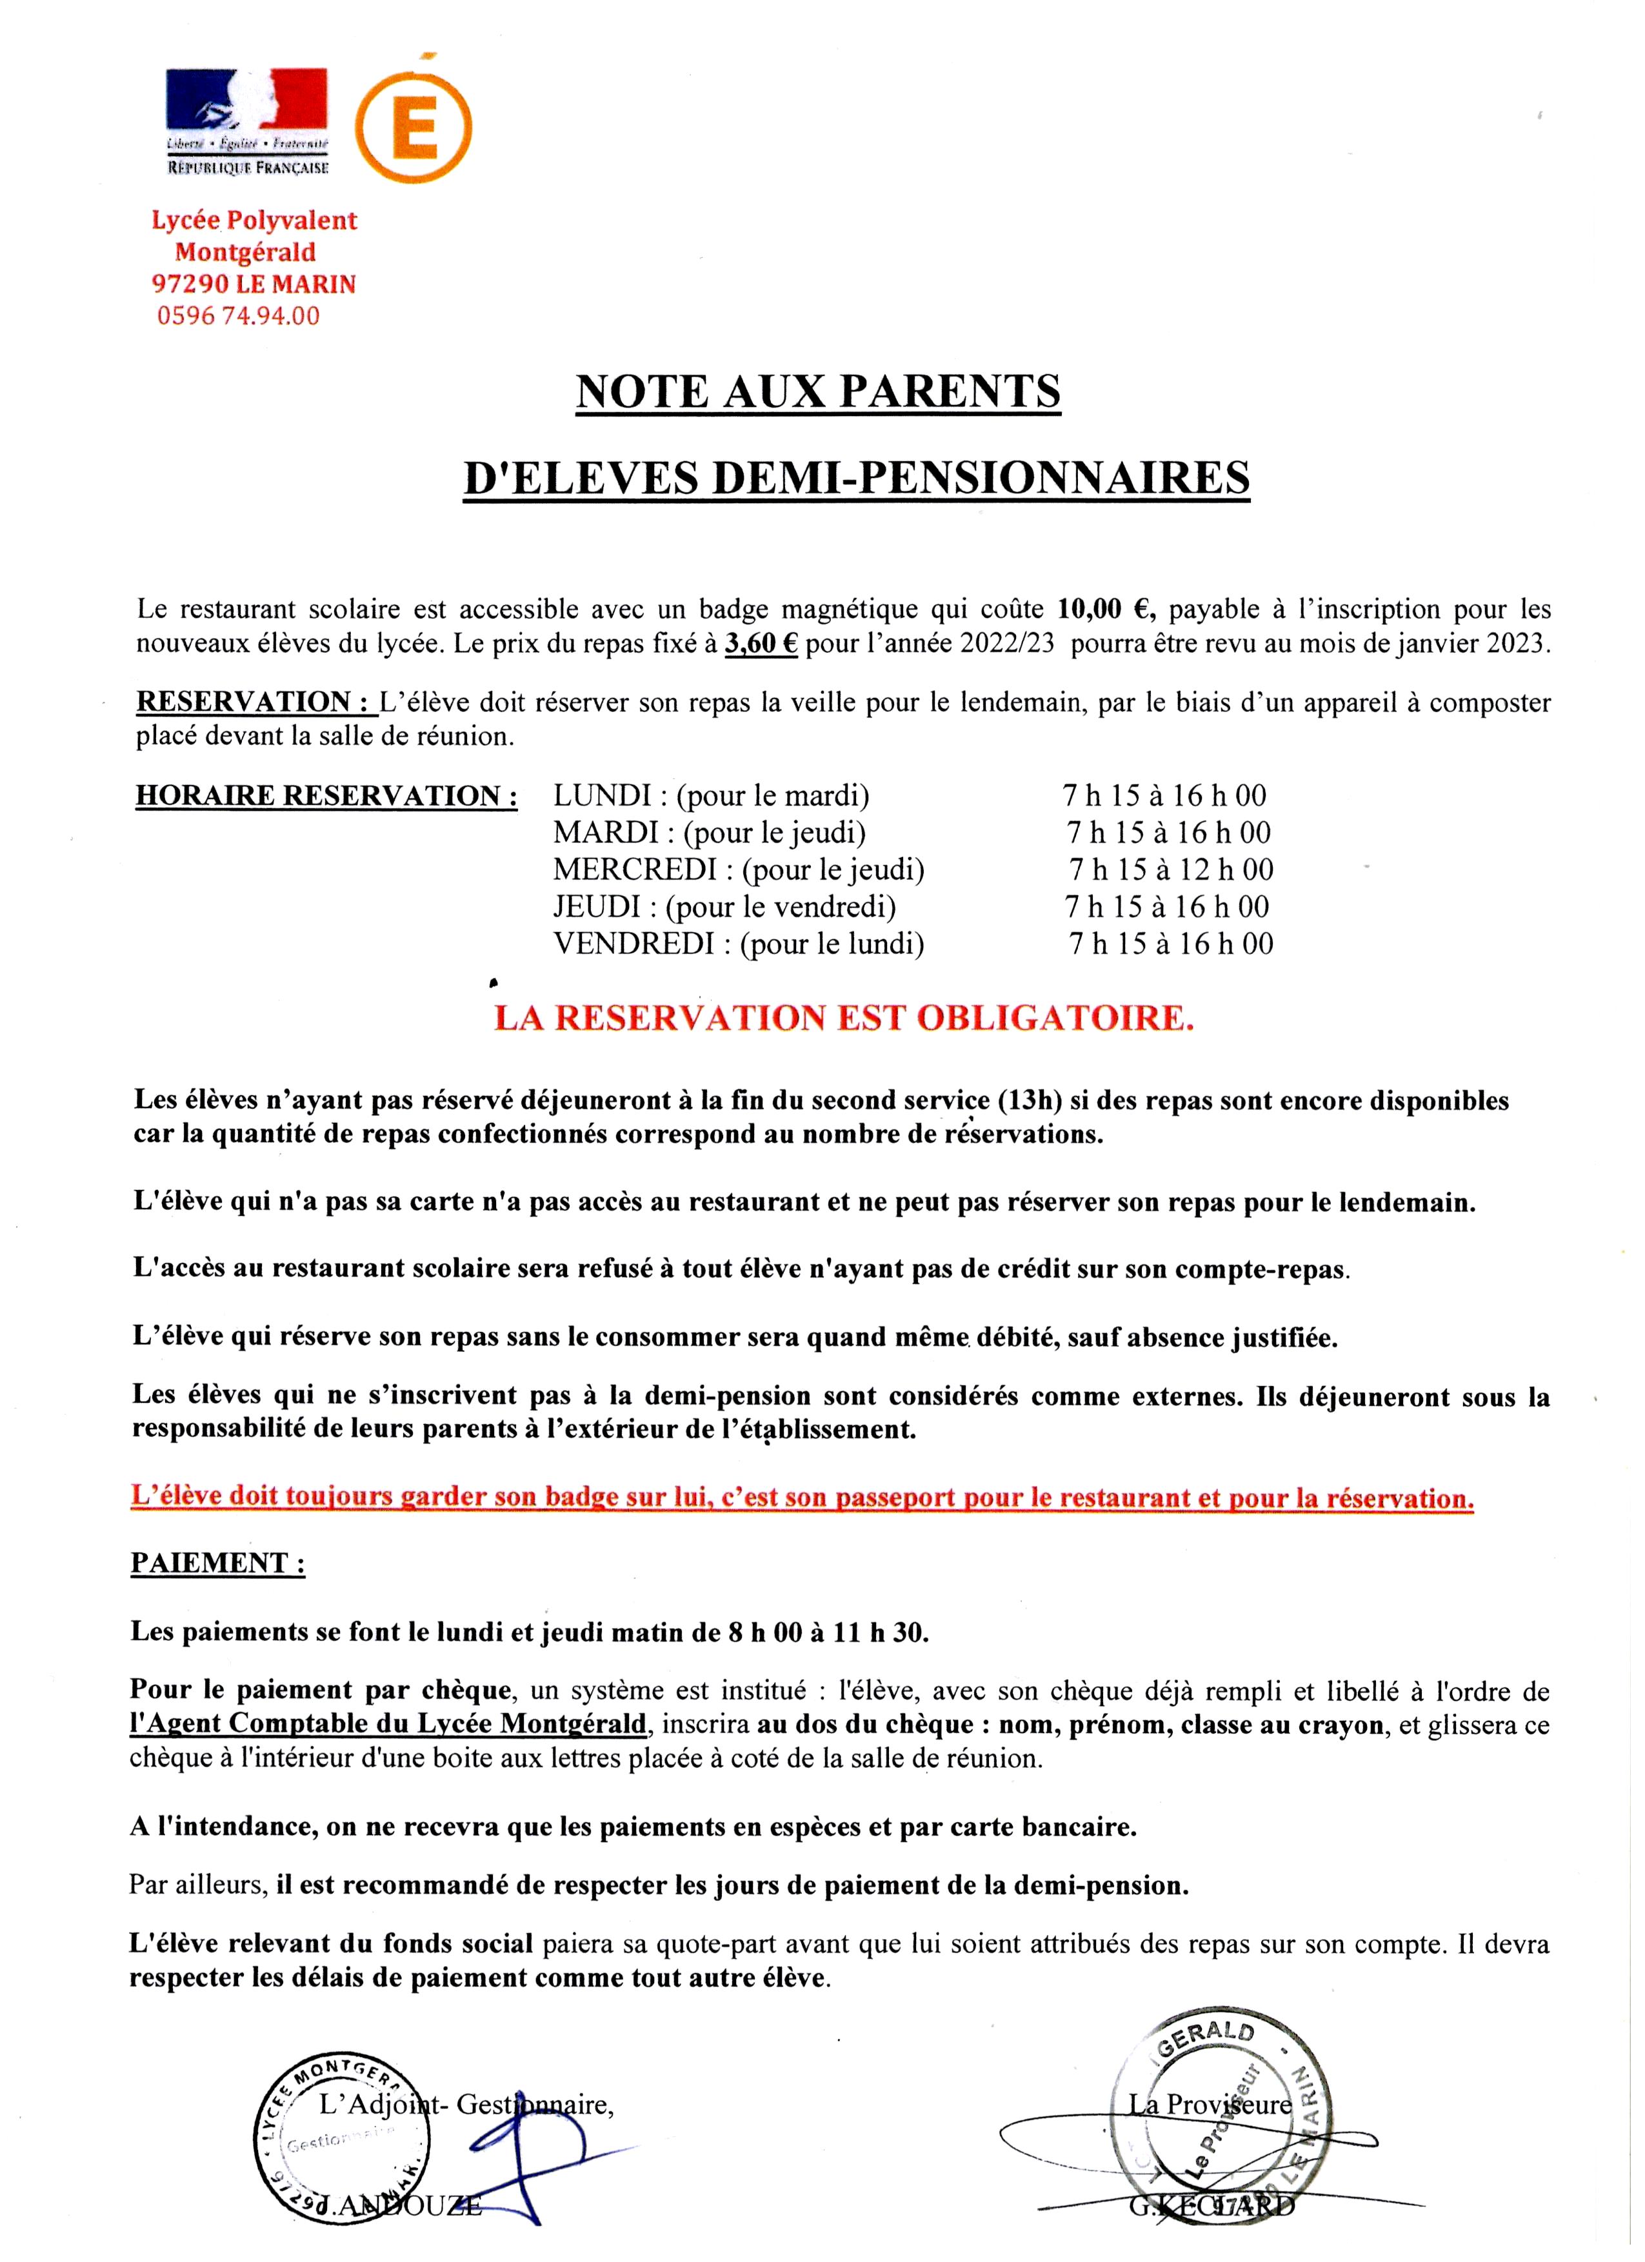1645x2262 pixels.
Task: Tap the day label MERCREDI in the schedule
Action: (x=635, y=869)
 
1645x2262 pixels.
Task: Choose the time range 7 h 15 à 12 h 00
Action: (x=1171, y=869)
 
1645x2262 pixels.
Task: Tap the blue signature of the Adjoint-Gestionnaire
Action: (x=524, y=2154)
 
